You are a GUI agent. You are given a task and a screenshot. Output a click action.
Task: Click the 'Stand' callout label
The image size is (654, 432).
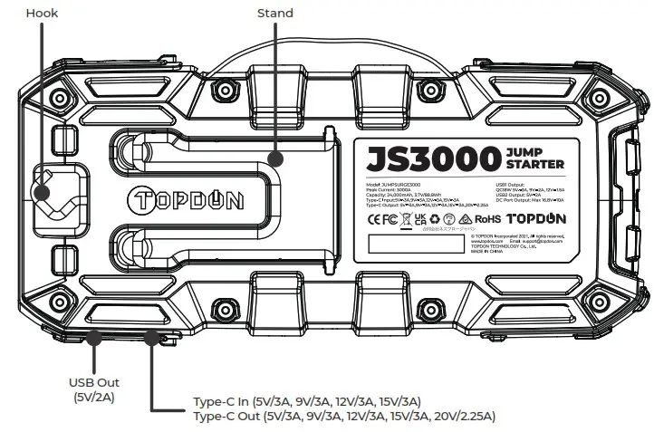click(x=276, y=14)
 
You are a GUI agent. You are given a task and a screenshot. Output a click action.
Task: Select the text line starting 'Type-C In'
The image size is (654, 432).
click(x=306, y=401)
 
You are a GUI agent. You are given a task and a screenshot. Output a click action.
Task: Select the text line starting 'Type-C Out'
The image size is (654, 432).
click(x=344, y=416)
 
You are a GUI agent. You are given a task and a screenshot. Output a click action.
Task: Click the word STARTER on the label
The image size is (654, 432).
click(x=536, y=164)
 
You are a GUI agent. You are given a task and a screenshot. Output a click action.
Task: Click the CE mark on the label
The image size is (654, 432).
click(x=373, y=218)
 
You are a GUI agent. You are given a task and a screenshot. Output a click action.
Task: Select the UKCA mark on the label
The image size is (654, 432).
click(x=419, y=218)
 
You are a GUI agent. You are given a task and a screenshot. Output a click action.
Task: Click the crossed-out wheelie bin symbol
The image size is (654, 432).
click(x=405, y=220)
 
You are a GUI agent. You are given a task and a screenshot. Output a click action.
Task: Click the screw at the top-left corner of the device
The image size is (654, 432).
click(x=62, y=97)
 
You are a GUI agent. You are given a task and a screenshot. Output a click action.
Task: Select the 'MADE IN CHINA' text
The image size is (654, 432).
click(x=486, y=252)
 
